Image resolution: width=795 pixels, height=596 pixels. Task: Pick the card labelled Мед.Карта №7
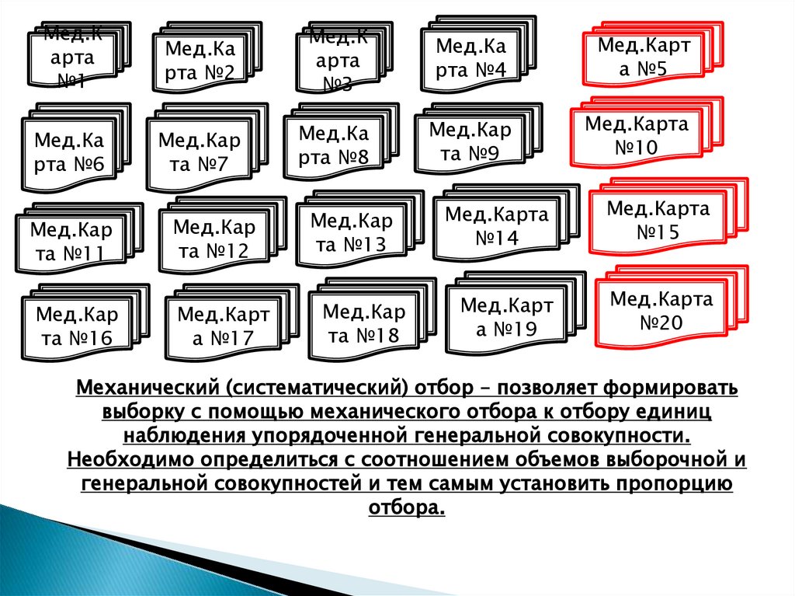pos(199,152)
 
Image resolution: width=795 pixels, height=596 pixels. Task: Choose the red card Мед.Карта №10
pos(636,135)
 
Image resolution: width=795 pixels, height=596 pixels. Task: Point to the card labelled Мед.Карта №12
pos(214,239)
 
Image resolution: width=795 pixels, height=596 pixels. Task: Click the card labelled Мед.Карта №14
pos(496,225)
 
